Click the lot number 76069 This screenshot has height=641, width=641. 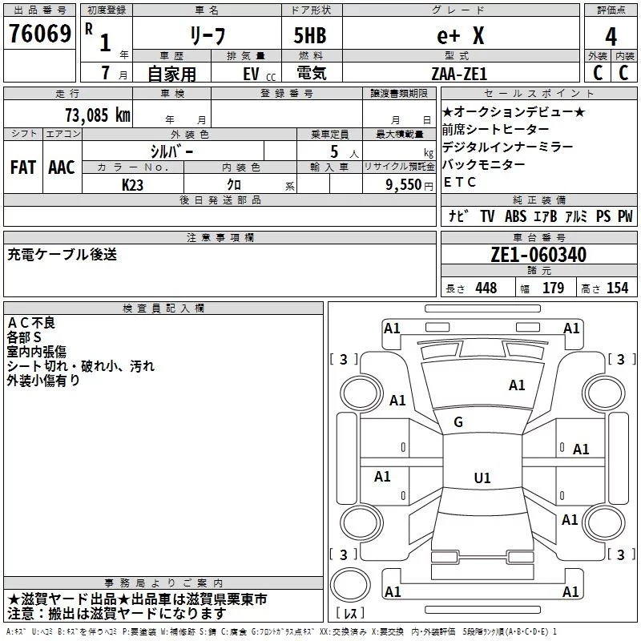[39, 34]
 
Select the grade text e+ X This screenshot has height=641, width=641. [460, 35]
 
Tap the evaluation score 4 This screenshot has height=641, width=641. [611, 36]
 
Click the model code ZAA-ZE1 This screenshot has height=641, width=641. [458, 73]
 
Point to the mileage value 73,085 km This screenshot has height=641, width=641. [97, 115]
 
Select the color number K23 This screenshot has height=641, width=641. [134, 184]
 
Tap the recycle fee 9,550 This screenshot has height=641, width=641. [402, 184]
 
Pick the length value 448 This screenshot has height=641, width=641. [486, 288]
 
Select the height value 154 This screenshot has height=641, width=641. [617, 288]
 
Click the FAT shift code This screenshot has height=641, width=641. [22, 167]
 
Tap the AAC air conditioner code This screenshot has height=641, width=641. [62, 167]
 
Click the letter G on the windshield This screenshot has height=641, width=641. [458, 421]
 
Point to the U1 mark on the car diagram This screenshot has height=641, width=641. [482, 478]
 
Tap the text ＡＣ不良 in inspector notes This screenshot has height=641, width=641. [32, 322]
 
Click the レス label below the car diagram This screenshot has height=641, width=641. [350, 614]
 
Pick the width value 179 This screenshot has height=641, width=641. [553, 288]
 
